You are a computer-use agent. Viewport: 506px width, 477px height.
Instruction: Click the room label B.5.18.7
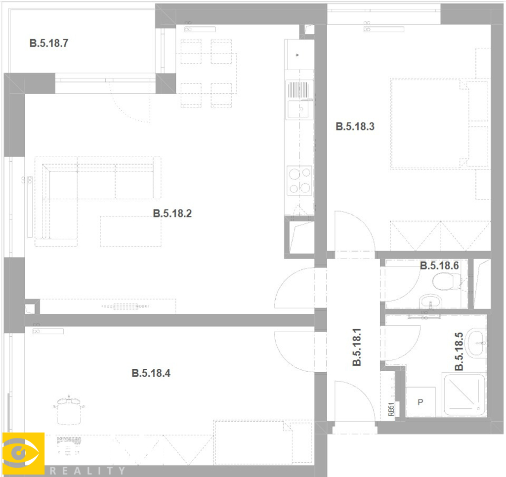tap(49, 43)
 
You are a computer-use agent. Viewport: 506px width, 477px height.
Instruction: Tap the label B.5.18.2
tap(172, 214)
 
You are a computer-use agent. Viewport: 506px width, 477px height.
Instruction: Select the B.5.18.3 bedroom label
tap(355, 126)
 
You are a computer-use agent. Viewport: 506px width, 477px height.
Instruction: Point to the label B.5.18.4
tap(151, 373)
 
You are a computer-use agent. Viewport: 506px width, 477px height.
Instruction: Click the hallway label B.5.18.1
tap(357, 347)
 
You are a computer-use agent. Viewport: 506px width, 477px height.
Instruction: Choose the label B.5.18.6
tap(439, 265)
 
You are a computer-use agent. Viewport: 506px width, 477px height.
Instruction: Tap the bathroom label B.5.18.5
tap(459, 351)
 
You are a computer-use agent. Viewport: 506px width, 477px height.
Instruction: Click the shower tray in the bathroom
tap(464, 394)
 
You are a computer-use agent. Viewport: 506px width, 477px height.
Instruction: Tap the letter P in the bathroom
tap(420, 402)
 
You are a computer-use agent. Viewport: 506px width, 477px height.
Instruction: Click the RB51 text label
tap(391, 409)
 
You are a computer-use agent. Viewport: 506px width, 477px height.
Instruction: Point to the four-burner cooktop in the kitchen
tap(299, 180)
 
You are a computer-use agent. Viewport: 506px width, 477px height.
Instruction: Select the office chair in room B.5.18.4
tap(69, 409)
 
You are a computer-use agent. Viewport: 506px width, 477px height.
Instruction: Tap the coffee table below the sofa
tap(130, 231)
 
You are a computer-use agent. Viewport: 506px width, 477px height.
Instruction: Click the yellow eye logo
tap(23, 453)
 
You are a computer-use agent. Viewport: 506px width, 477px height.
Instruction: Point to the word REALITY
tap(87, 471)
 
